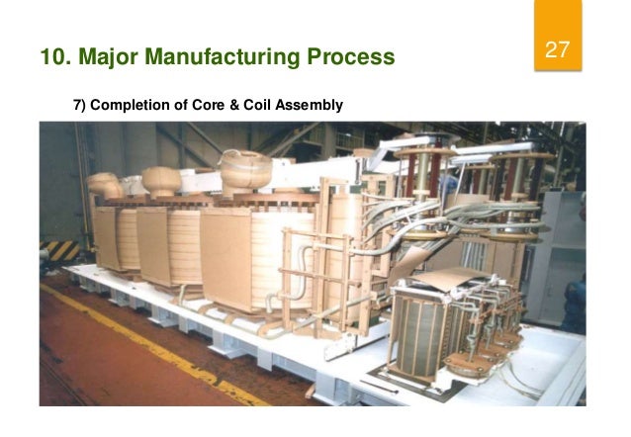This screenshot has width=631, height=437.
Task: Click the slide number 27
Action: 559,48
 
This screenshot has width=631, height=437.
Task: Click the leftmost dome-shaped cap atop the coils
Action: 104,185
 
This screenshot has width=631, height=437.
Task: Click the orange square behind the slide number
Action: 559,40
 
